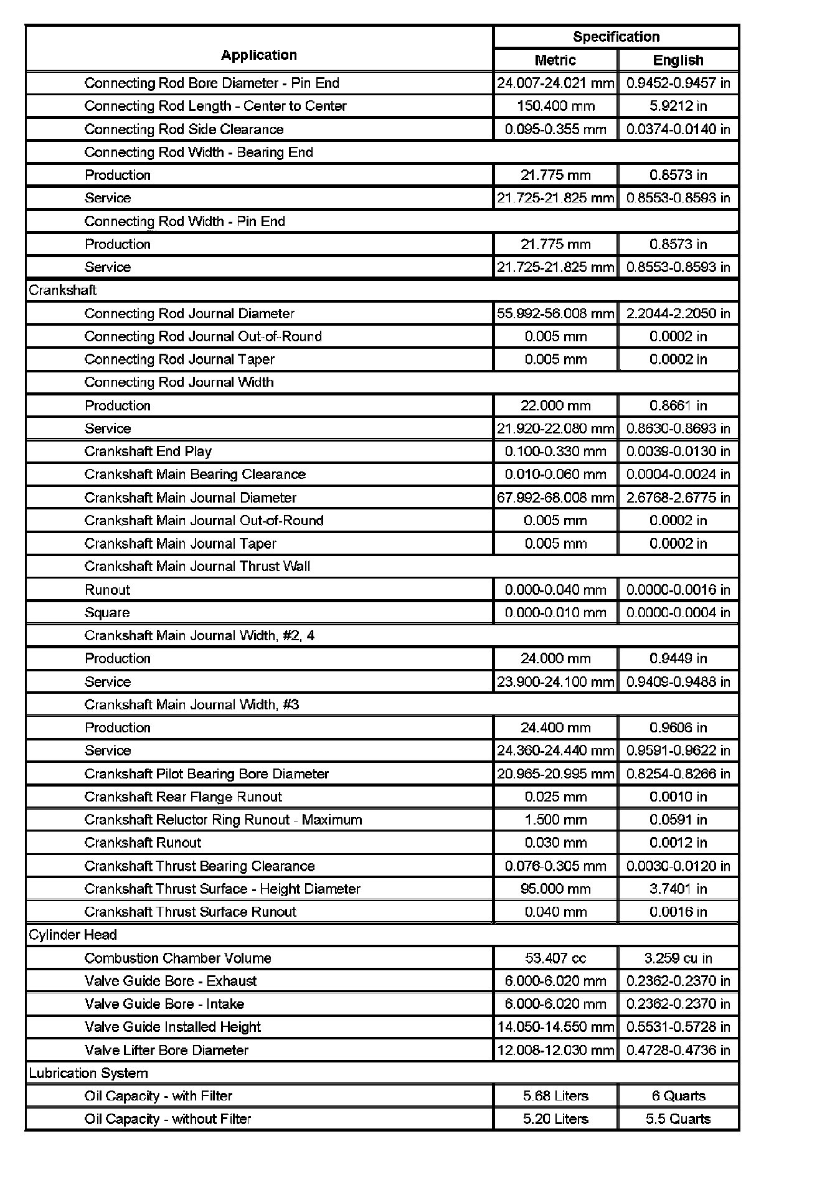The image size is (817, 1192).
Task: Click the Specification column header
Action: coord(616,37)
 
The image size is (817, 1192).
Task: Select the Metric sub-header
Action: coord(555,60)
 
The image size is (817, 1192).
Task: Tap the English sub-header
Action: coord(678,60)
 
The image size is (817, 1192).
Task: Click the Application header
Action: coord(259,55)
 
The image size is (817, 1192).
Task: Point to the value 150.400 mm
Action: coord(555,106)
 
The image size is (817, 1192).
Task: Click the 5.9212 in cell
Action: coord(678,106)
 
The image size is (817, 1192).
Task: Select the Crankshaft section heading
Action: coord(63,290)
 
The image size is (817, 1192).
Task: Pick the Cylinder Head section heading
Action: coord(73,935)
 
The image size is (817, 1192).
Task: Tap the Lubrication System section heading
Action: coord(88,1073)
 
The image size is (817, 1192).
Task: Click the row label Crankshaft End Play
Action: coord(148,452)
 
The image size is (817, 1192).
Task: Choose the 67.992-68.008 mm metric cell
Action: coord(555,498)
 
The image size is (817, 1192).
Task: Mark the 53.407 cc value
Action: coord(555,958)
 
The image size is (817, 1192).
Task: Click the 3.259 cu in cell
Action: coord(678,958)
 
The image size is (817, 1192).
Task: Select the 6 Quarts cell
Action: coord(678,1096)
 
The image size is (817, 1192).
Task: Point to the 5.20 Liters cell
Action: coord(555,1119)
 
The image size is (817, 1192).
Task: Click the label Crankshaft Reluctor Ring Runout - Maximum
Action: coord(223,820)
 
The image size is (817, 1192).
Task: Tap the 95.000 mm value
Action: coord(555,889)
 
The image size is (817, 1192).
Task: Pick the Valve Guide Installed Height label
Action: coord(172,1027)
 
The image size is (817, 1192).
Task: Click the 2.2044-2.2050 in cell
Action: coord(678,313)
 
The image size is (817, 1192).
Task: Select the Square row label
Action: coord(107,613)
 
